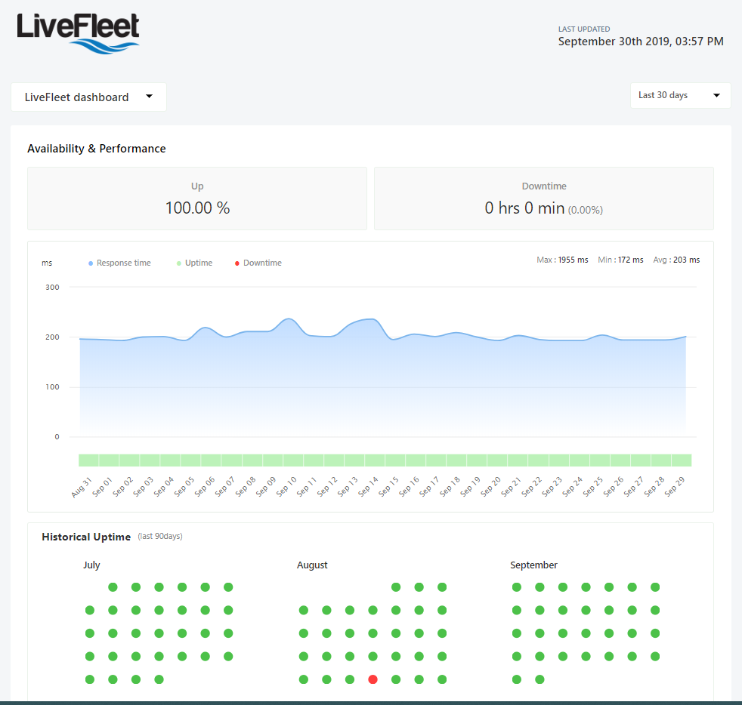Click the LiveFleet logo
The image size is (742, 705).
tap(78, 32)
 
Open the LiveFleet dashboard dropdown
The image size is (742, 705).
tap(88, 97)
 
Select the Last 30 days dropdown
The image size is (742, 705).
tap(680, 95)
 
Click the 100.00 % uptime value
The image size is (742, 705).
tap(197, 208)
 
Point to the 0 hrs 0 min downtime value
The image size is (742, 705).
tap(525, 208)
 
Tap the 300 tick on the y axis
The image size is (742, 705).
tap(52, 287)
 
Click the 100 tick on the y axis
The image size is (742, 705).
tap(52, 387)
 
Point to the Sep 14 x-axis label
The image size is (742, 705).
tap(368, 486)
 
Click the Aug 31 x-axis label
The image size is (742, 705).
tap(82, 486)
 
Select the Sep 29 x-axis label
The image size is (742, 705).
tap(674, 486)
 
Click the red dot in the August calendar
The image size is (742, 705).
tap(373, 679)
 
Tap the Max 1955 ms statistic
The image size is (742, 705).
tap(562, 260)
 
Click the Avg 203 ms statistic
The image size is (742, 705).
tap(676, 260)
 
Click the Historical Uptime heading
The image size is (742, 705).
tap(86, 537)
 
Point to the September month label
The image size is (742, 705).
tap(533, 565)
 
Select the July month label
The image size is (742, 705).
tap(91, 565)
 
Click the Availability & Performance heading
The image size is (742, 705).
tap(97, 149)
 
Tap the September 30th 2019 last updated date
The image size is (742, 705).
tap(641, 42)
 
